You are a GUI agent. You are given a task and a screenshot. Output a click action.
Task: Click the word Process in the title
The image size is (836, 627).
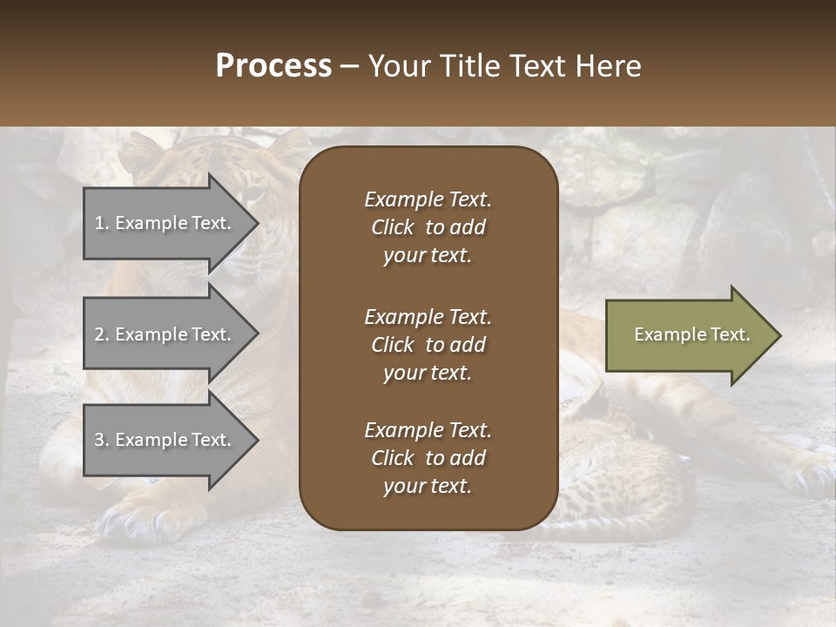pos(273,66)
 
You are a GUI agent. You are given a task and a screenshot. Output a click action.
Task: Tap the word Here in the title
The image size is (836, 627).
pos(607,66)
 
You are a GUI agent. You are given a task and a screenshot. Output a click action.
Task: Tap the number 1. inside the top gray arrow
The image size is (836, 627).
pos(102,224)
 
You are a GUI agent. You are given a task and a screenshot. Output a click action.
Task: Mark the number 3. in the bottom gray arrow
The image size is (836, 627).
pos(102,441)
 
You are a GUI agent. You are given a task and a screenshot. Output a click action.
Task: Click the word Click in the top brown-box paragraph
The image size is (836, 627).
pos(392,227)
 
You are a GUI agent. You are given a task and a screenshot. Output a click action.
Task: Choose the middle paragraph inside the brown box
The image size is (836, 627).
pos(428,345)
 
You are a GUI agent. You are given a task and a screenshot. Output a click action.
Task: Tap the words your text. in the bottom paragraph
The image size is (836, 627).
pos(428,487)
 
